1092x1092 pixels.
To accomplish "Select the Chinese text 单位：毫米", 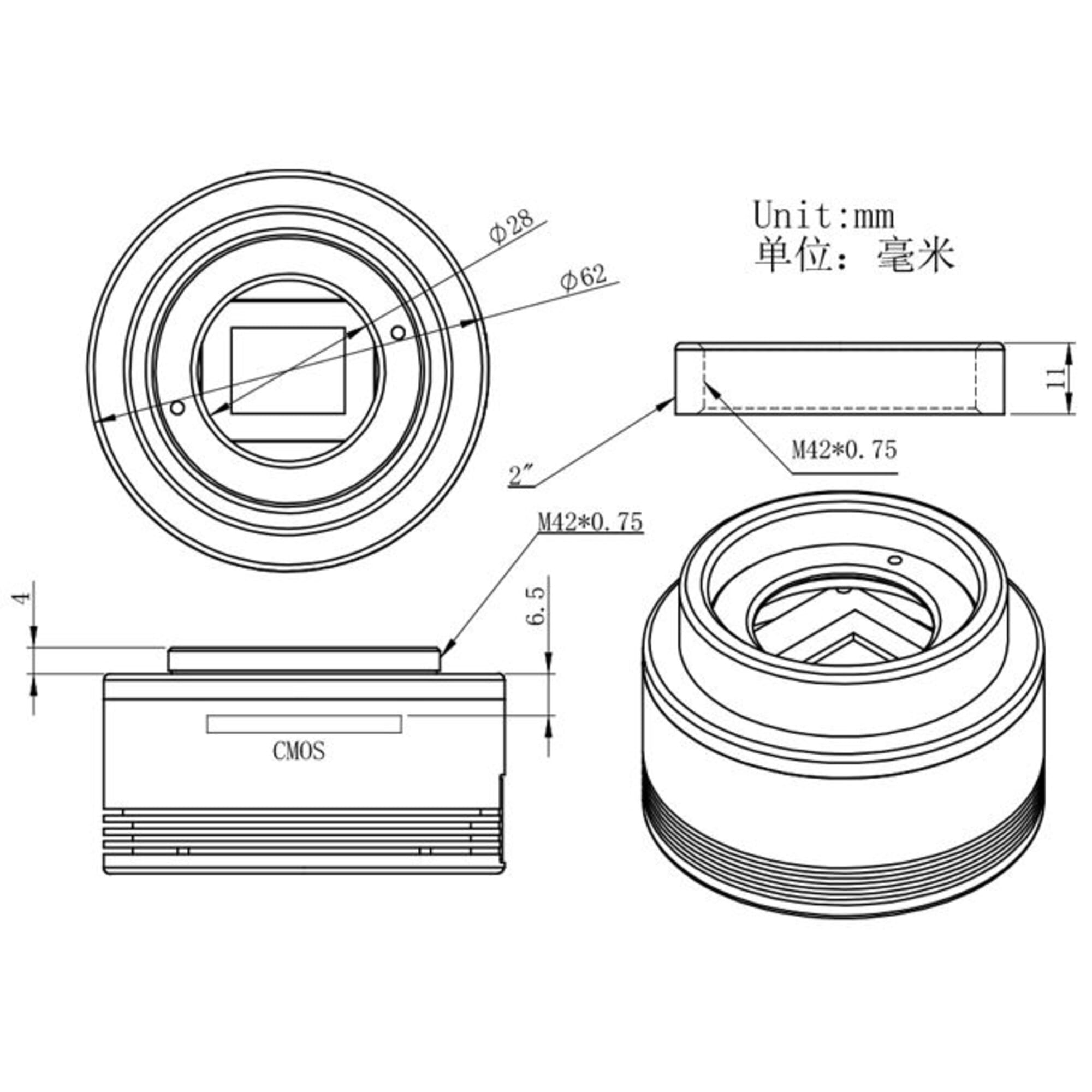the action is click(854, 254).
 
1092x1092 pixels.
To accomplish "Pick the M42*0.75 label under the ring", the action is click(844, 450).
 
